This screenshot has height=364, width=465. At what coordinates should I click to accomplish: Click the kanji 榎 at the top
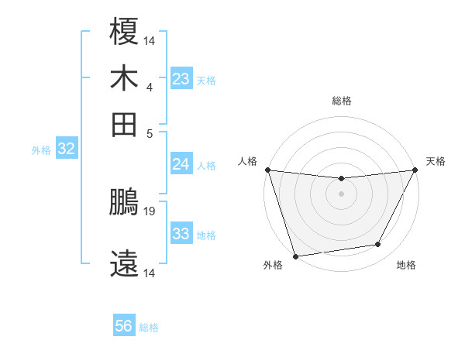point(125,33)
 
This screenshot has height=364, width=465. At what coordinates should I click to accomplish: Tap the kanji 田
point(125,124)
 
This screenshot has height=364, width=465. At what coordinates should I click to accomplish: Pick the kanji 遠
point(125,264)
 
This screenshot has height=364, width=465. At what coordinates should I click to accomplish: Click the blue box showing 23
point(181,80)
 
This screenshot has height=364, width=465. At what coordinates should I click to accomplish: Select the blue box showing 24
point(181,164)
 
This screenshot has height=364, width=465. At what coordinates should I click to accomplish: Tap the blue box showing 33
point(181,234)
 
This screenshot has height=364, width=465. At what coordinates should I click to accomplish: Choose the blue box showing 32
point(66,149)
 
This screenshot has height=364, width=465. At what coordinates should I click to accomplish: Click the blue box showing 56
point(124,326)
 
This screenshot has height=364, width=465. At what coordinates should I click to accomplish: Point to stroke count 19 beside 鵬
point(150,211)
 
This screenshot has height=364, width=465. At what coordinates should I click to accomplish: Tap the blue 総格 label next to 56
point(149,328)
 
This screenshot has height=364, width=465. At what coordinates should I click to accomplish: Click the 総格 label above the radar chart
point(341,101)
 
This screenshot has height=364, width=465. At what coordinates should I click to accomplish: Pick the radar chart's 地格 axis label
point(406,266)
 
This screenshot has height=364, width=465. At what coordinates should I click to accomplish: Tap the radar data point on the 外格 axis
point(295,256)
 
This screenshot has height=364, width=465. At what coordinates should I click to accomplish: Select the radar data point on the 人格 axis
point(267,170)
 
